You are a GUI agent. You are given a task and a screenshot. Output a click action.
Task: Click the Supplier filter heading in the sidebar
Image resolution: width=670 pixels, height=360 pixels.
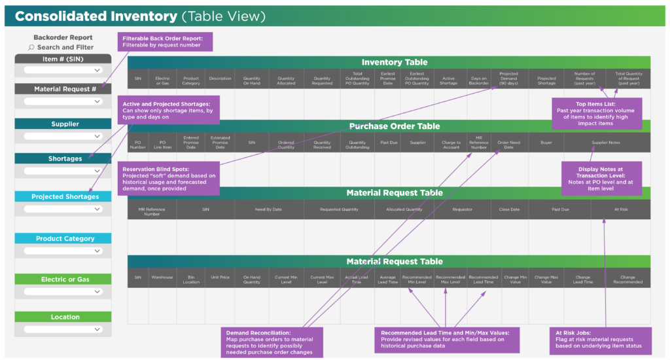point(65,124)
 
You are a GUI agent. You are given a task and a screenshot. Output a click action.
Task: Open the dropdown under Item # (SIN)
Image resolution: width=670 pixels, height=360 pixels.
point(63,70)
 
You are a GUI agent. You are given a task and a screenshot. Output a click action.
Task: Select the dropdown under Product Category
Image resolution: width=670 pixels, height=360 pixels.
point(63,251)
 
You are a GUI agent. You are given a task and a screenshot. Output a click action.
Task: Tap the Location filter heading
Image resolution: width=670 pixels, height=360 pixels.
point(65,317)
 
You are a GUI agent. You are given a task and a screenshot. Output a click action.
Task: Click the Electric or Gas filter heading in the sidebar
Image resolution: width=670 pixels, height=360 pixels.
point(65,279)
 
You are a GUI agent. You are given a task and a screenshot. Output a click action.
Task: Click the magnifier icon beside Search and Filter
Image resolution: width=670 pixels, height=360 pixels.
point(31,48)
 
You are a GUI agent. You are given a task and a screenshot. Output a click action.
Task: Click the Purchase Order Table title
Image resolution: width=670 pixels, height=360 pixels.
point(395,126)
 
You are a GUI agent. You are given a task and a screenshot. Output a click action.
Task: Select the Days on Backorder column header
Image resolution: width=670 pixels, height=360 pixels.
point(478,79)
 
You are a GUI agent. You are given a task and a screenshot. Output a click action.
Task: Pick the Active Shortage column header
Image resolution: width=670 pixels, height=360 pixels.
point(448,79)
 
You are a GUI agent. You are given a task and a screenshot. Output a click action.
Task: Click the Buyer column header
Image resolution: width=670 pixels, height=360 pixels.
point(546,142)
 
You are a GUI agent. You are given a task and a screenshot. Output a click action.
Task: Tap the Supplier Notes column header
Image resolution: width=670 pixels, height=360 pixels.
point(606,142)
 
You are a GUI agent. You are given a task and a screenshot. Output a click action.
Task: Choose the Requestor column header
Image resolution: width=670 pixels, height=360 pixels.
point(462,209)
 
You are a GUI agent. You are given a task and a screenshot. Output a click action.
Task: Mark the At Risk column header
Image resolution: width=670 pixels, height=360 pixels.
point(620,209)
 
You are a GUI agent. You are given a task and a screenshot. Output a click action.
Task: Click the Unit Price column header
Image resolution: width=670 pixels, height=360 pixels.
point(220,278)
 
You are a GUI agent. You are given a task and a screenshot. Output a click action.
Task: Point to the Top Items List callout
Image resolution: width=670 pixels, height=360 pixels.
point(597,113)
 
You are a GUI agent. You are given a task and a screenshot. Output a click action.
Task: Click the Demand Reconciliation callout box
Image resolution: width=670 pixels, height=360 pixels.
point(270,342)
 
